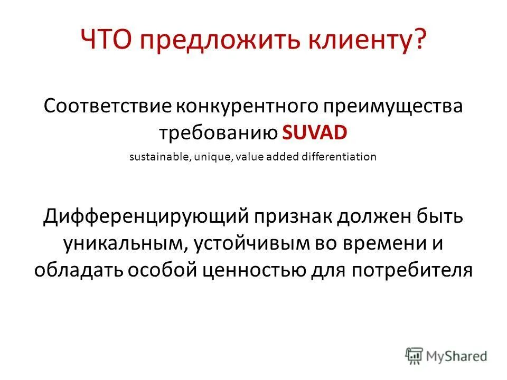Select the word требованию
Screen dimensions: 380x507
[x=219, y=132]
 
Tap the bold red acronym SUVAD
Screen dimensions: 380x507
[x=315, y=132]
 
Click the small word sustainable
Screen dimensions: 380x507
[x=156, y=157]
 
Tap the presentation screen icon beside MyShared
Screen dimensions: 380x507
[x=415, y=354]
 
